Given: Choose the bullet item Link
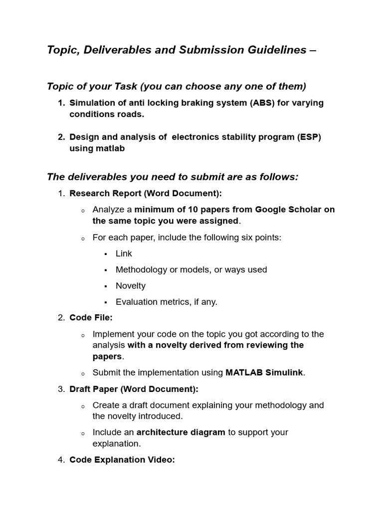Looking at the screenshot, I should [x=124, y=254].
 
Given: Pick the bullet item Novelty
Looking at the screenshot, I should [x=130, y=286].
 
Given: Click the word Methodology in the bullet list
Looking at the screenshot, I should [x=142, y=269].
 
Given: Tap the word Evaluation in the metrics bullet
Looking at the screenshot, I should [x=135, y=302].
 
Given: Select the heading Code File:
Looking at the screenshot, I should [x=91, y=318].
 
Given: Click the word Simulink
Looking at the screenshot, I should [x=285, y=373].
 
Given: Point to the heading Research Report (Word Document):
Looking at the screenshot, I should [x=146, y=193].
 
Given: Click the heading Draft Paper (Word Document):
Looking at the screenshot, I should [x=134, y=389].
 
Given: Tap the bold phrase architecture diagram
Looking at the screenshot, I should [x=181, y=432].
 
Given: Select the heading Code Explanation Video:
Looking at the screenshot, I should [x=122, y=460].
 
